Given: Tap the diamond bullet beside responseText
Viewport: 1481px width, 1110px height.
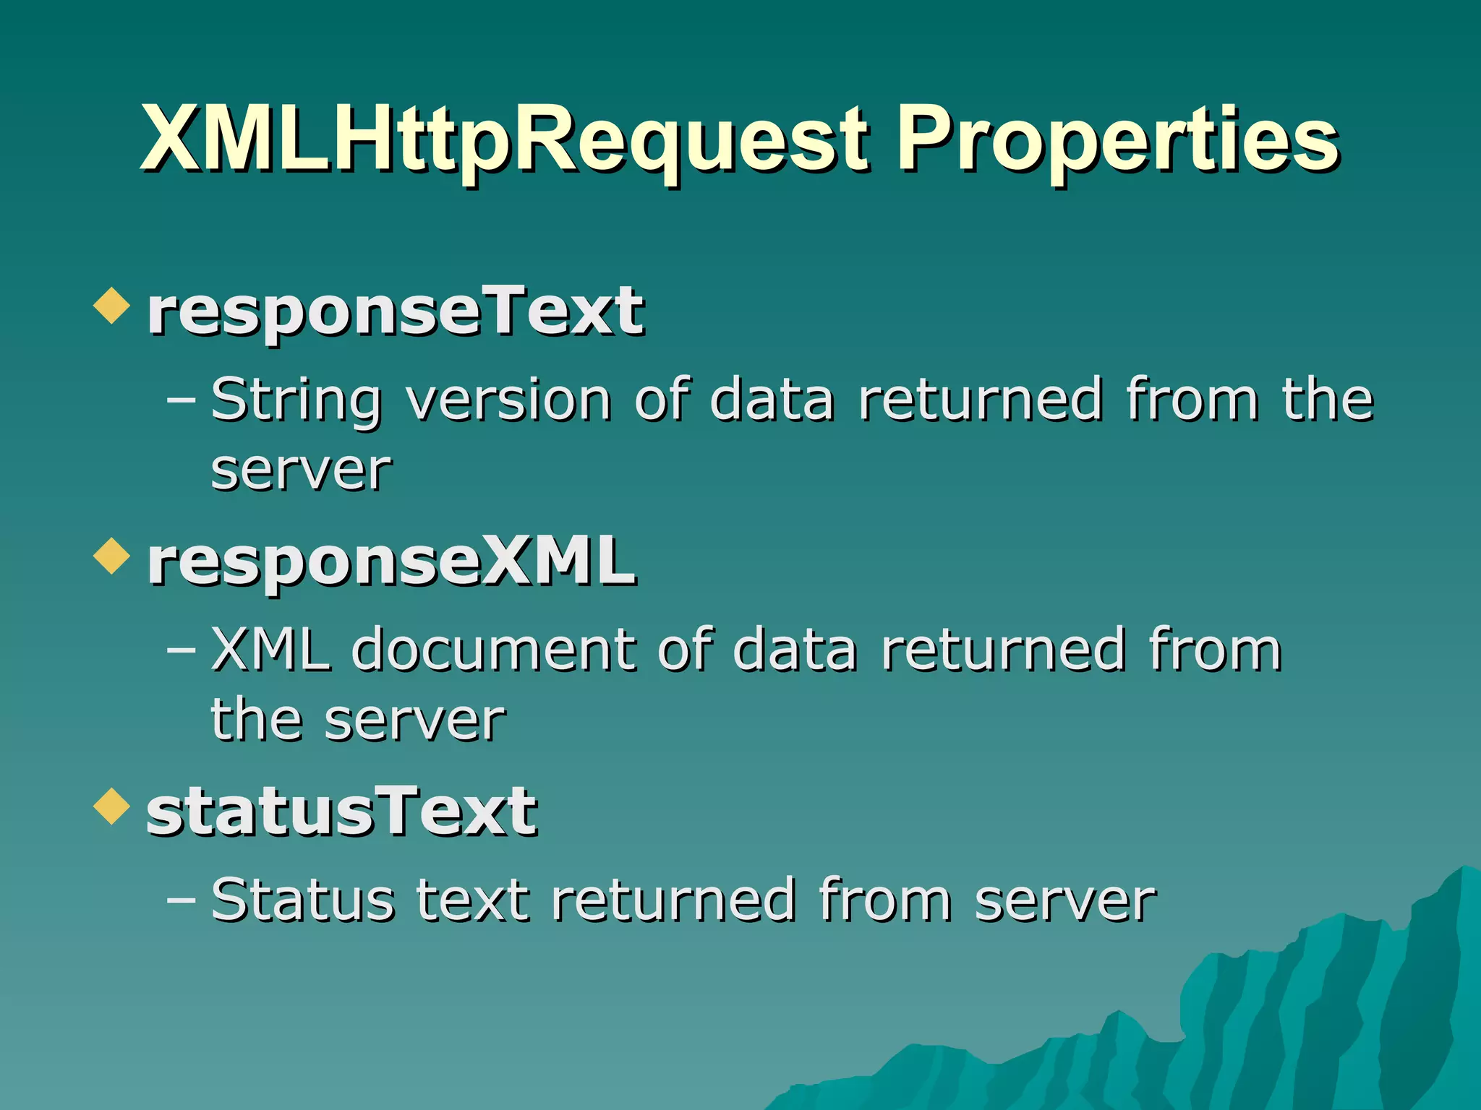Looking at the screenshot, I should [111, 305].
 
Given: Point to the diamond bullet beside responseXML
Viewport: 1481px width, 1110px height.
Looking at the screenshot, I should [111, 556].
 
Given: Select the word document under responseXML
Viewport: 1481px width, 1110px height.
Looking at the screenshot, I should [495, 650].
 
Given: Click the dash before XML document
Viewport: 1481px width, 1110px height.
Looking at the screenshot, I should [181, 649].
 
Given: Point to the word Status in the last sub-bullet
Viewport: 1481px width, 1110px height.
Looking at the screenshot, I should [303, 900].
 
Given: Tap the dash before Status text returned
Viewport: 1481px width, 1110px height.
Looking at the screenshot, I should [181, 899].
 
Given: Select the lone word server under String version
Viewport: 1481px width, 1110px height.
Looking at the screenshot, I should [301, 471].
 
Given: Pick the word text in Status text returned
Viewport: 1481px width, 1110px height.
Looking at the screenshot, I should [473, 900].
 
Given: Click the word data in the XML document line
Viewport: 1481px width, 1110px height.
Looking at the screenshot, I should [795, 650].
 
